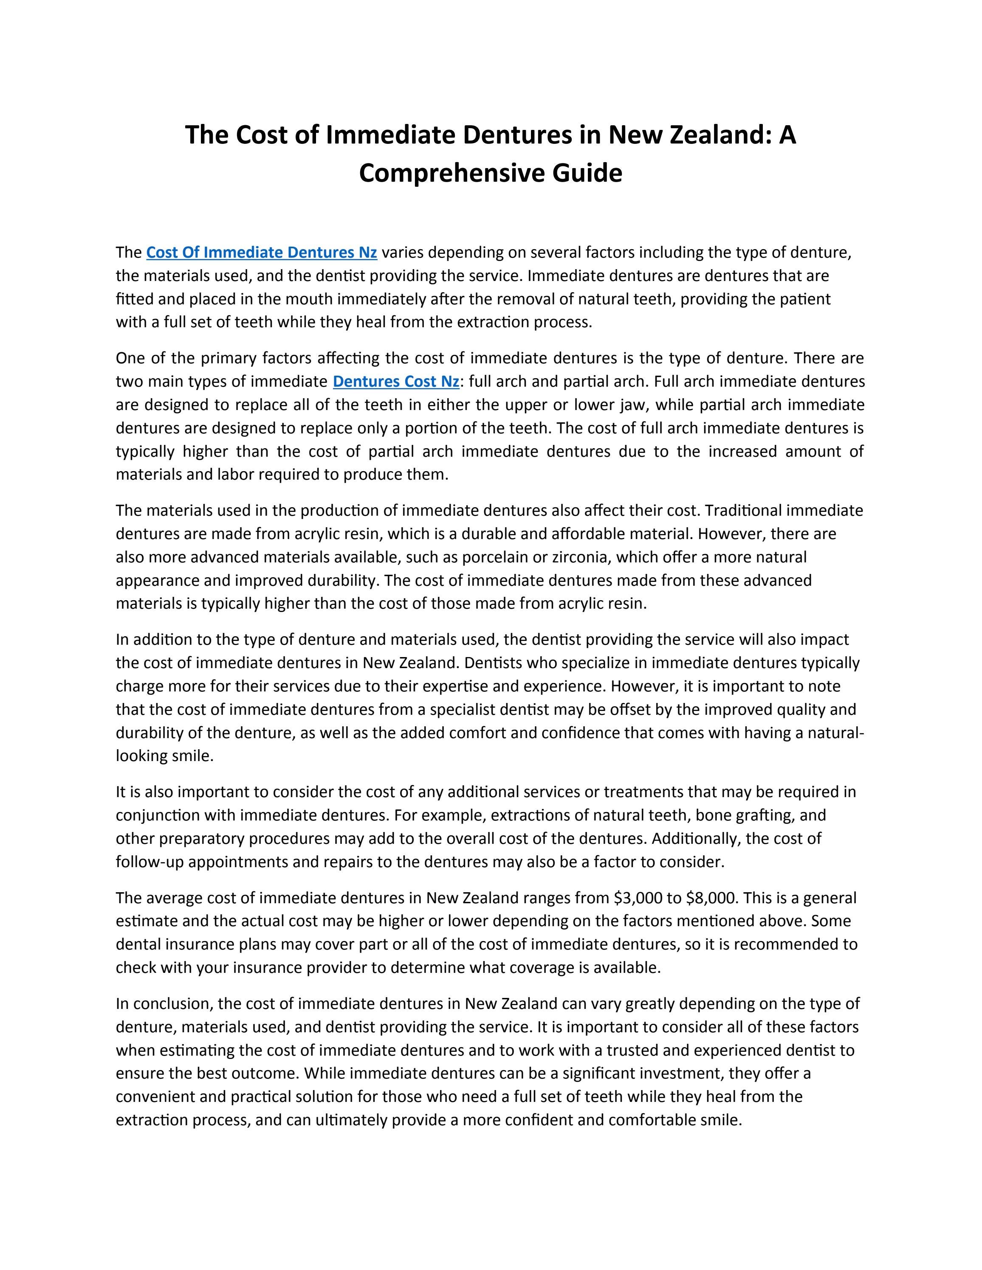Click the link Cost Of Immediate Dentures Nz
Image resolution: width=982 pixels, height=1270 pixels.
pyautogui.click(x=261, y=253)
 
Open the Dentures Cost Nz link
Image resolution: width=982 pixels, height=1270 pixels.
pyautogui.click(x=395, y=382)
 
